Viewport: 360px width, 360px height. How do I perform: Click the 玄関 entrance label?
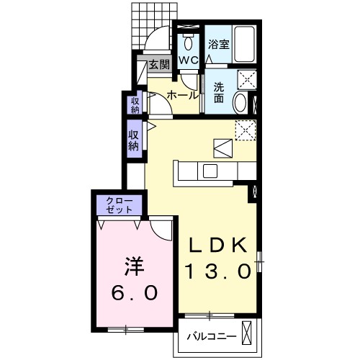pos(160,65)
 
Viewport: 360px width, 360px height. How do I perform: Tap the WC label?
pos(189,60)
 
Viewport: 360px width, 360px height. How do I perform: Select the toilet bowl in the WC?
pos(188,43)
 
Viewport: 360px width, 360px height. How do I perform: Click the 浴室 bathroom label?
pos(219,44)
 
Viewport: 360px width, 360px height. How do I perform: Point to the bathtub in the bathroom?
pos(245,44)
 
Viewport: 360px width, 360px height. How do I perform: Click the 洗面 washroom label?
pos(219,92)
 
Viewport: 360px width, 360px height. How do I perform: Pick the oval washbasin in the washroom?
pos(240,102)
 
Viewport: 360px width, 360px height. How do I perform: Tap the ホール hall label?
pos(183,95)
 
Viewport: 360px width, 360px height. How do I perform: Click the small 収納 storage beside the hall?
pos(135,105)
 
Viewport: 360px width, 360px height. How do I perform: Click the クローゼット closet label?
pos(120,205)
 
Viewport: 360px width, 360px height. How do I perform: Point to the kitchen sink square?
pos(210,171)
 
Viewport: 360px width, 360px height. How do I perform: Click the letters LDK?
pos(218,245)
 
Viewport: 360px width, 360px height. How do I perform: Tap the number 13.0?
pos(218,271)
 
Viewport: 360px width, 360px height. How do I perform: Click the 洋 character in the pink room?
pos(134,266)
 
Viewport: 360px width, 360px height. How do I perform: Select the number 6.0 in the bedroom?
pos(135,292)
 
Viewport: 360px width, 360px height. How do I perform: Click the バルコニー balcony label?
pos(212,337)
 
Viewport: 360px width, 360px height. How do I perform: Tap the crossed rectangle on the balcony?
pos(247,333)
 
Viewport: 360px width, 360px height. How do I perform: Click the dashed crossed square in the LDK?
pos(246,130)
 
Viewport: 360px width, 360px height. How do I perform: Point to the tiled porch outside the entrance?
pos(154,27)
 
